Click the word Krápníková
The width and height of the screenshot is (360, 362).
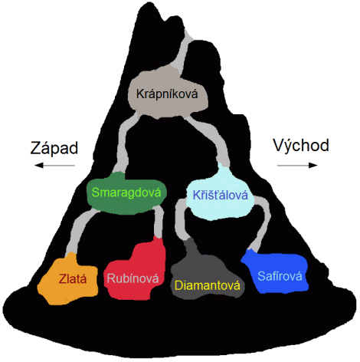[167, 94]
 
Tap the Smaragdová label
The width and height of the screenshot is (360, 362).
[126, 193]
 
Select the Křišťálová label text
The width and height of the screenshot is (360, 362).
[221, 195]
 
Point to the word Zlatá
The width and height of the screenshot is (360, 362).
[73, 278]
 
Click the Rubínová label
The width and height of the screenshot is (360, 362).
[133, 278]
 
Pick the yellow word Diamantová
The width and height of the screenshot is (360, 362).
[208, 285]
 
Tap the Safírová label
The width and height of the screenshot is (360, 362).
[280, 276]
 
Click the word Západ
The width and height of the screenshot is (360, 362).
[54, 148]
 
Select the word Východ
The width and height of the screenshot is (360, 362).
[301, 146]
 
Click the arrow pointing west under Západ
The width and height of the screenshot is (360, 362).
[54, 166]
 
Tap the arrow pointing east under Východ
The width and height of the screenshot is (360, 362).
[297, 166]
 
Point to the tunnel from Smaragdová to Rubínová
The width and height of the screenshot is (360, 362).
[159, 222]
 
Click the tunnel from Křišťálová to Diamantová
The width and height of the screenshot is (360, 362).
[179, 220]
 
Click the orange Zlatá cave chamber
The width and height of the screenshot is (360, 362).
[68, 279]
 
